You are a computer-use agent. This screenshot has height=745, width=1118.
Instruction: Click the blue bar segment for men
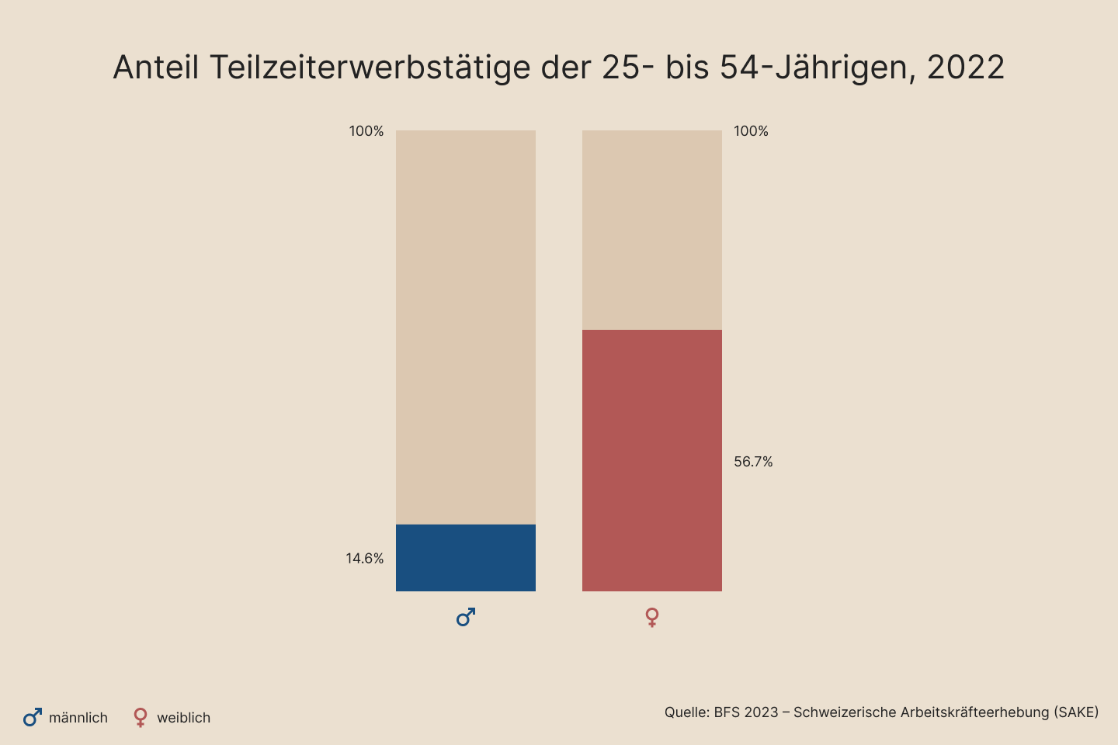(466, 557)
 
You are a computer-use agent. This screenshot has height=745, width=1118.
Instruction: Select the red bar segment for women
(652, 460)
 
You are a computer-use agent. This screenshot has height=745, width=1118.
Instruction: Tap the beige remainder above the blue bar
(466, 327)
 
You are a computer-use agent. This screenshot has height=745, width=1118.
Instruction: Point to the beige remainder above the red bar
(652, 230)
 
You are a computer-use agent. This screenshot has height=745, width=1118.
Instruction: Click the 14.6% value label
(365, 559)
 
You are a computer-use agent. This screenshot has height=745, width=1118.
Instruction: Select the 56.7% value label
(753, 462)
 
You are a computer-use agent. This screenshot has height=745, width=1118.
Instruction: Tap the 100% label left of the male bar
(366, 131)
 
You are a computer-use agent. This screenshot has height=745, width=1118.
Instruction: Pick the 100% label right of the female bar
(751, 131)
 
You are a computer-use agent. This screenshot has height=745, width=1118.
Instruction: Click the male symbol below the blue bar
(466, 618)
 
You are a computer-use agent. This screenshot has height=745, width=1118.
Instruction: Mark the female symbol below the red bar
(652, 618)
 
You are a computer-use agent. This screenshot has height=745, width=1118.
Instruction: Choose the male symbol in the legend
(32, 718)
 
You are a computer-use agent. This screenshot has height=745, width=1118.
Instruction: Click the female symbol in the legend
(141, 718)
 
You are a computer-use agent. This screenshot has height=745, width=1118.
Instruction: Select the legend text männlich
(78, 718)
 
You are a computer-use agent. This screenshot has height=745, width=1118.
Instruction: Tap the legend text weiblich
(184, 718)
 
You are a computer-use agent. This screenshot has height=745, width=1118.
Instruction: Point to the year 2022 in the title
(966, 68)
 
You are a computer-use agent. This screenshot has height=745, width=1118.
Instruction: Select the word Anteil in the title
(156, 68)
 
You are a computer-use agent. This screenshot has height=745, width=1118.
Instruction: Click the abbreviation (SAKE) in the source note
(1076, 712)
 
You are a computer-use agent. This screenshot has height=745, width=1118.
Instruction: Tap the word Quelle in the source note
(686, 712)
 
